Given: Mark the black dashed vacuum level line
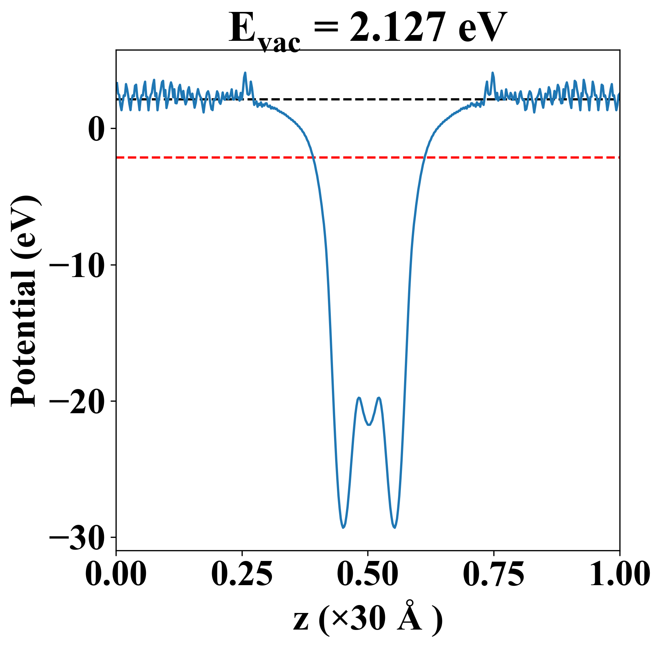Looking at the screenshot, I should point(361,99).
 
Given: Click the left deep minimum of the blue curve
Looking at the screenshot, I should point(343,527).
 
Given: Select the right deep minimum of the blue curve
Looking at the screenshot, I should point(395,527).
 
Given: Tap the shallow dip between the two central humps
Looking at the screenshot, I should point(369,424).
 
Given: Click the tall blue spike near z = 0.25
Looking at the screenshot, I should point(245,73).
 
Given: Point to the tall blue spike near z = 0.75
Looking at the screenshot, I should point(493,73).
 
